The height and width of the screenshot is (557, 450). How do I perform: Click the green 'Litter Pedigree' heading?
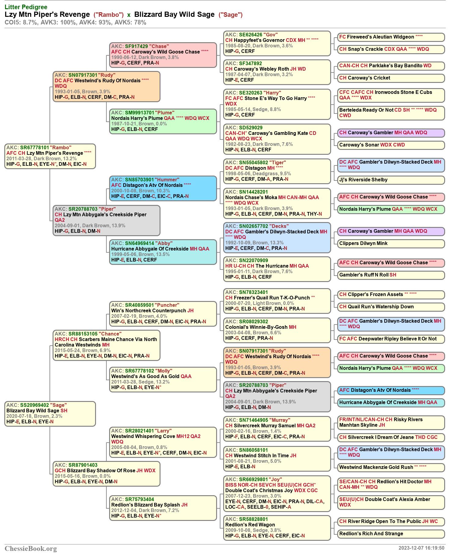pyautogui.click(x=26, y=7)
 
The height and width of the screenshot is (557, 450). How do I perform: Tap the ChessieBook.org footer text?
pyautogui.click(x=31, y=548)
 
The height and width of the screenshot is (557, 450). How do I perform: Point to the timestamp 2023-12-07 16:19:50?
pyautogui.click(x=421, y=548)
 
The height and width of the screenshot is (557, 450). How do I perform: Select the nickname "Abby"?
pyautogui.click(x=164, y=243)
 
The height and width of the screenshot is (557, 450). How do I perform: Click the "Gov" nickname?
pyautogui.click(x=271, y=35)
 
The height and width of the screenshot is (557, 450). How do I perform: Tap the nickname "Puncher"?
pyautogui.click(x=167, y=305)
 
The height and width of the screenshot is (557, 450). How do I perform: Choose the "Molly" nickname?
pyautogui.click(x=164, y=371)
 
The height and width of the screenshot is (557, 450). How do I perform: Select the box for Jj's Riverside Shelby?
pyautogui.click(x=391, y=180)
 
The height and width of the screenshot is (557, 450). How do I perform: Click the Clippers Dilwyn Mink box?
pyautogui.click(x=391, y=243)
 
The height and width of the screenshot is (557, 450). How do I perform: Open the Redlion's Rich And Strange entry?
pyautogui.click(x=391, y=534)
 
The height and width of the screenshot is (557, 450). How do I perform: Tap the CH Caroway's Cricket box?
pyautogui.click(x=391, y=78)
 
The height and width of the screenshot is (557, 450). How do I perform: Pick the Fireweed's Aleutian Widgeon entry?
pyautogui.click(x=391, y=37)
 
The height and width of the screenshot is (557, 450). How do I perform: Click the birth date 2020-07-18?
pyautogui.click(x=18, y=416)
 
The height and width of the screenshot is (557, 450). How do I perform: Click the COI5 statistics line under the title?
pyautogui.click(x=76, y=22)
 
